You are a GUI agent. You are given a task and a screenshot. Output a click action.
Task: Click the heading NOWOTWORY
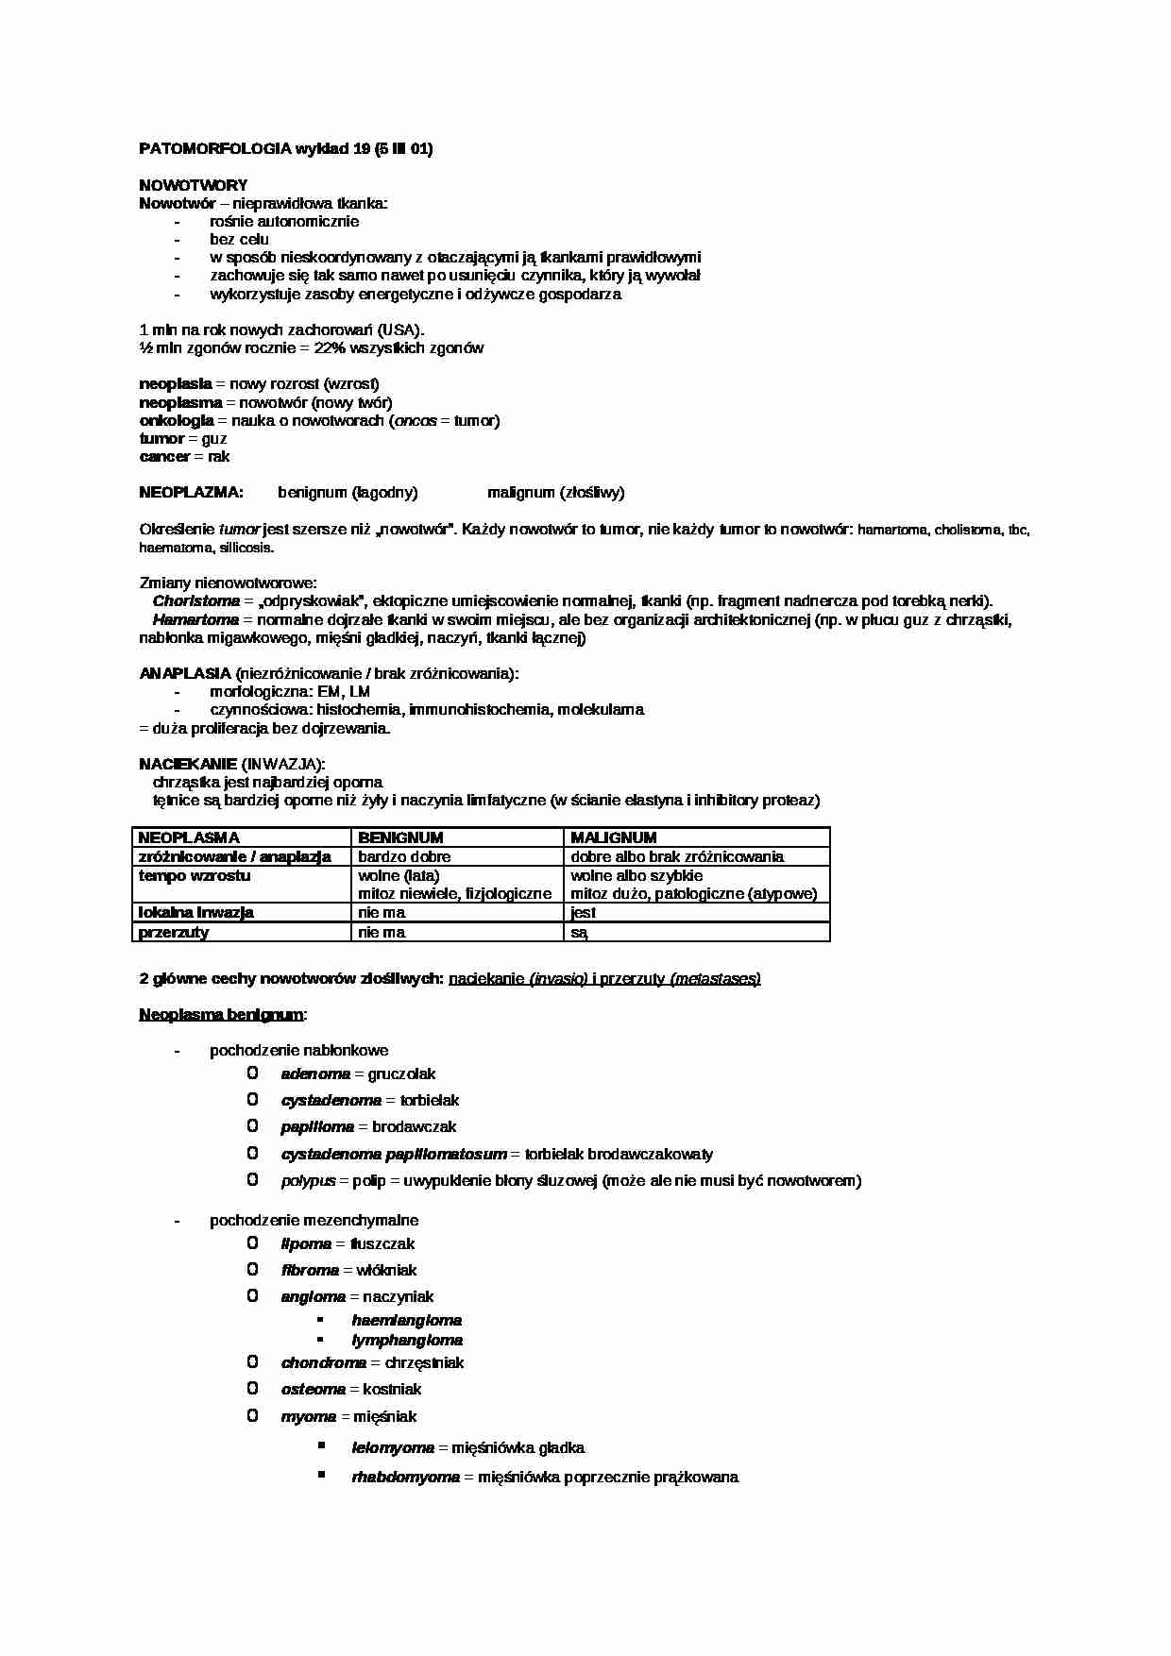coord(194,185)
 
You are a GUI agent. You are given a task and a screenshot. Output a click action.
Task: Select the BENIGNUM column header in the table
coord(400,837)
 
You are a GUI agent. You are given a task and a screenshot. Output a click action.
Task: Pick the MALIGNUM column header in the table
coord(614,837)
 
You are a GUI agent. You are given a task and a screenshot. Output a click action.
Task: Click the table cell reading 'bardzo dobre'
coord(404,857)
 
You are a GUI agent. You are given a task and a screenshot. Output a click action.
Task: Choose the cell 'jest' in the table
coord(584,913)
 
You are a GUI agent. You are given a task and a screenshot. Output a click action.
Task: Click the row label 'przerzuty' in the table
coord(174,933)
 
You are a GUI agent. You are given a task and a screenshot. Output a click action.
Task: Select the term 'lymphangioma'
coord(407,1341)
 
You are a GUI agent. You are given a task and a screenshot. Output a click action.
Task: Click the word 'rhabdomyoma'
coord(405,1478)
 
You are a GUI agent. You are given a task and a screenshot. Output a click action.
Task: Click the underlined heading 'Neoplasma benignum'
coord(222,1015)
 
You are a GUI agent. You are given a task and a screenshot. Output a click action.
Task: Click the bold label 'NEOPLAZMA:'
coord(191,493)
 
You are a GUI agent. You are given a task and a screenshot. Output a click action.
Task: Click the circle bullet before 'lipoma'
coord(252,1243)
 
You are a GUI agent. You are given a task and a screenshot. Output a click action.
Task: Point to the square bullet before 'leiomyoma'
coord(322,1445)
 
